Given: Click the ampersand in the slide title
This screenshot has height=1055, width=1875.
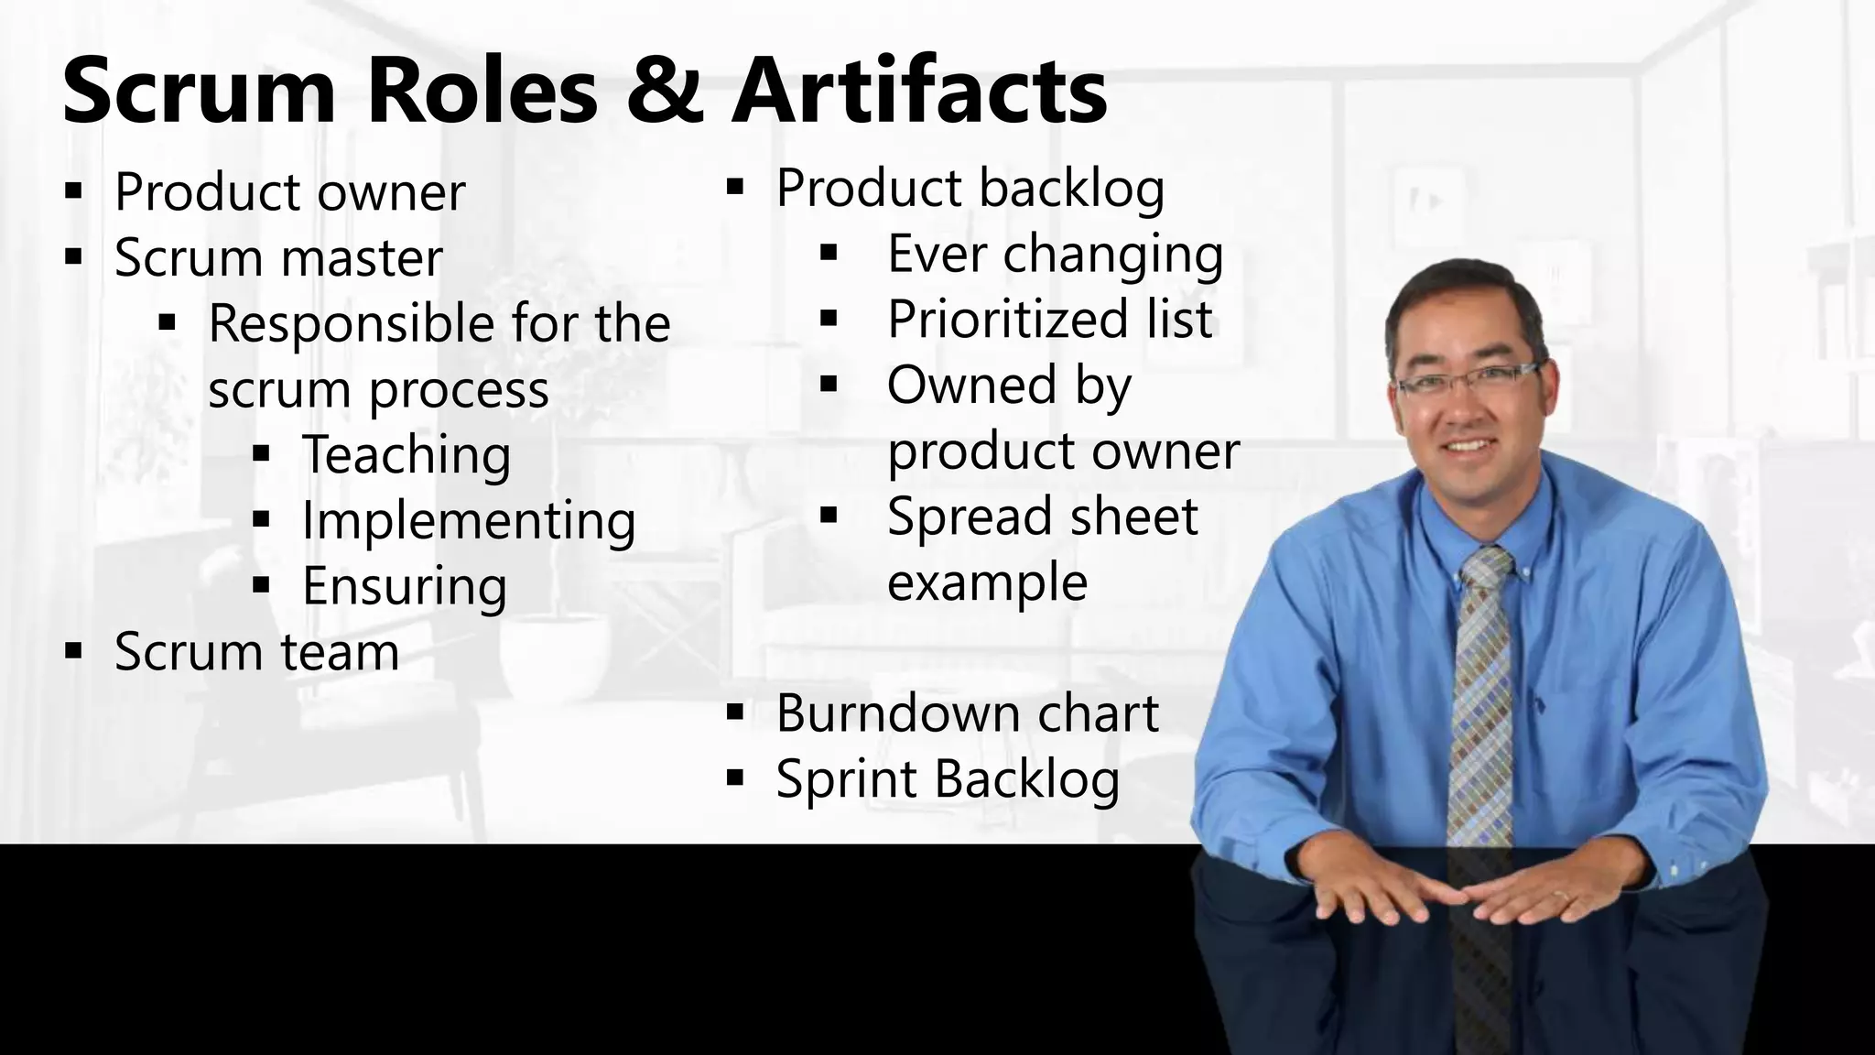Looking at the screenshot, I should [666, 92].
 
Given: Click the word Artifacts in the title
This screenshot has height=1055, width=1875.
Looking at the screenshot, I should [919, 92].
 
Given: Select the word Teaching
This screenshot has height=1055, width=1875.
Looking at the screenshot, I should [406, 455].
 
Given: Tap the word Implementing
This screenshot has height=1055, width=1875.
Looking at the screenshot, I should [469, 521].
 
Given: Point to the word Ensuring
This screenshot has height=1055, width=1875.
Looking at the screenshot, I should [405, 587].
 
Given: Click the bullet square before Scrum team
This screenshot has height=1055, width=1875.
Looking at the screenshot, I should [74, 652].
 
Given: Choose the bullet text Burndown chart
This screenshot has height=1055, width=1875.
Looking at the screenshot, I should [967, 713].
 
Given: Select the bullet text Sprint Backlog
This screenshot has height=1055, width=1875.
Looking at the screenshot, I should [948, 779].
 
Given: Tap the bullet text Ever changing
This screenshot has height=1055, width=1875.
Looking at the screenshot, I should [1055, 254].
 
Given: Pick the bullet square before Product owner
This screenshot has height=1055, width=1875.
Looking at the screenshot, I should [74, 192].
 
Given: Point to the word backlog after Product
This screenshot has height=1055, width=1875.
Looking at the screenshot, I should [1072, 189].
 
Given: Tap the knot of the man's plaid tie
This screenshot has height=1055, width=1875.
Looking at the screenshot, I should [1484, 569].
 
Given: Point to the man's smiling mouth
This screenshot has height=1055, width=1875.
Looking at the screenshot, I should [1470, 447].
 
